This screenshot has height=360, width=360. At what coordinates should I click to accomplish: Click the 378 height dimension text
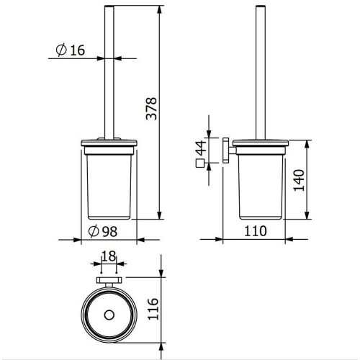pyautogui.click(x=152, y=109)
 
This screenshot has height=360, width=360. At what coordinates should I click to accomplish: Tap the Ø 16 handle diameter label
pyautogui.click(x=71, y=50)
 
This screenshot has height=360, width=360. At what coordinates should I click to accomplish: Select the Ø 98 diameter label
pyautogui.click(x=103, y=231)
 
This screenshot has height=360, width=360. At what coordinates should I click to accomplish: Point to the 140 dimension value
pyautogui.click(x=299, y=180)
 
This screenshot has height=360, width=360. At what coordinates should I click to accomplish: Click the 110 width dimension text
pyautogui.click(x=256, y=231)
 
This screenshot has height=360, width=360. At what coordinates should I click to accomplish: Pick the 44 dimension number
pyautogui.click(x=201, y=148)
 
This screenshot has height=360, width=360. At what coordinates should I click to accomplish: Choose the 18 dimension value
pyautogui.click(x=109, y=256)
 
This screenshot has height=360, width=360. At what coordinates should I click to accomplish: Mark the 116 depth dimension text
pyautogui.click(x=153, y=309)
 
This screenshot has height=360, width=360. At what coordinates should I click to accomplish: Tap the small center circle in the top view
pyautogui.click(x=109, y=315)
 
